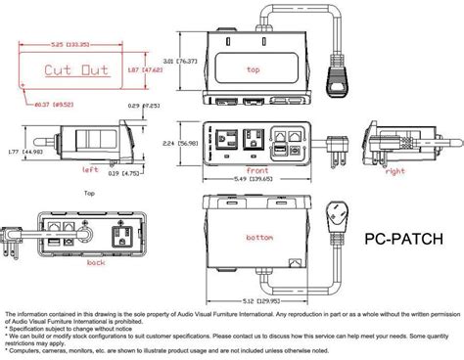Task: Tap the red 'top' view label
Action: (254, 70)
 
